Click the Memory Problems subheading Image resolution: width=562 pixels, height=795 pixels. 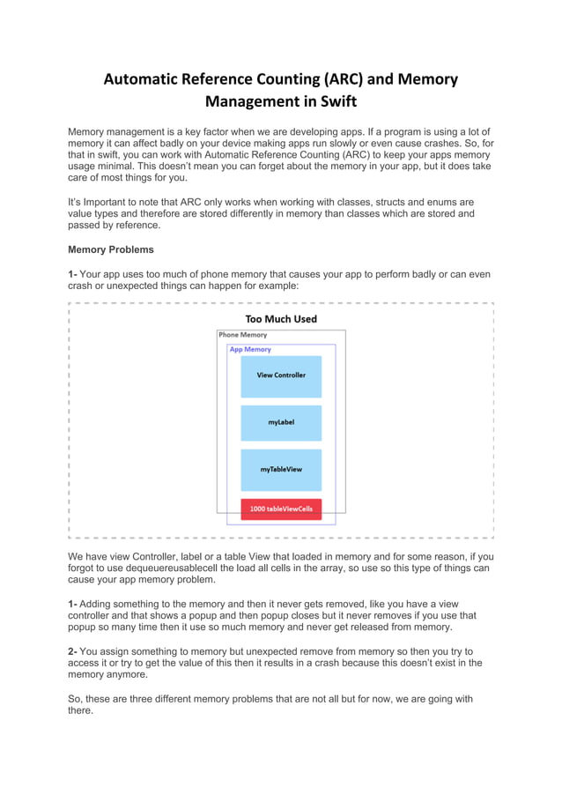pyautogui.click(x=111, y=249)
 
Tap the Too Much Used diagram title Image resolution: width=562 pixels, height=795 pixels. pyautogui.click(x=281, y=318)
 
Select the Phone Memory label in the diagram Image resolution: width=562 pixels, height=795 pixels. pyautogui.click(x=243, y=335)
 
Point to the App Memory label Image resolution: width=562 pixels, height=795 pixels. pyautogui.click(x=250, y=349)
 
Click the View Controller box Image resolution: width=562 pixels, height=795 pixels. pyautogui.click(x=281, y=375)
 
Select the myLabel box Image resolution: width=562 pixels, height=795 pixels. pyautogui.click(x=281, y=422)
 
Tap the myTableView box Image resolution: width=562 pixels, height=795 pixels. pyautogui.click(x=281, y=470)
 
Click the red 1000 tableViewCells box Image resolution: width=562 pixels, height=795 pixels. pyautogui.click(x=281, y=509)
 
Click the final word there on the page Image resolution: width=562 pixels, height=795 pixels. pyautogui.click(x=80, y=710)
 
